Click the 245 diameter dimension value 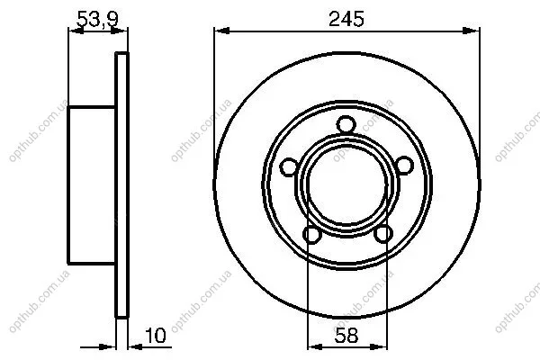tap(346, 19)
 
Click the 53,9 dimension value tap(97, 19)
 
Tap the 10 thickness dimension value tap(156, 336)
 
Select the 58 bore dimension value tap(346, 336)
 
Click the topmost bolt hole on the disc tap(346, 125)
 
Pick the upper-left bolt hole tap(289, 167)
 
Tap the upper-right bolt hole tap(403, 165)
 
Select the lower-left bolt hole tap(312, 235)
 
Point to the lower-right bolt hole tap(383, 234)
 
